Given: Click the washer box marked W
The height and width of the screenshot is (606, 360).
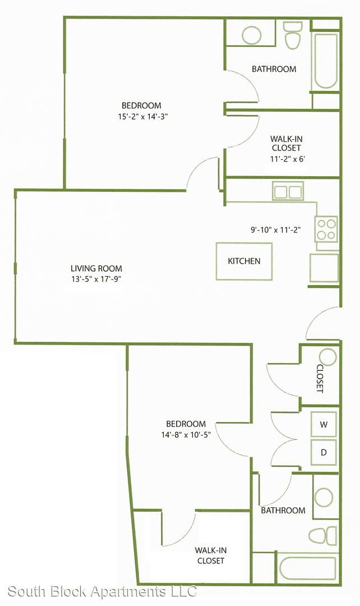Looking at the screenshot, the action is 324,424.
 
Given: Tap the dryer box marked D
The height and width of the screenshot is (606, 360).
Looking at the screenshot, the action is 324,452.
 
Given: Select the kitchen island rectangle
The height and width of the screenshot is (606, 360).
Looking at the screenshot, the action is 244,261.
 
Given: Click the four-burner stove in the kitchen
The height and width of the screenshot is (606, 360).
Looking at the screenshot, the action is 326,229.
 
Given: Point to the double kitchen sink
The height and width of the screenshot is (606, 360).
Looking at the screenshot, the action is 288,191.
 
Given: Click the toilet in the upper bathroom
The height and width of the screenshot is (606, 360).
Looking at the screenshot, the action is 293,35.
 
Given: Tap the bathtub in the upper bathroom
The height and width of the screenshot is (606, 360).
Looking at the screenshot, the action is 326,61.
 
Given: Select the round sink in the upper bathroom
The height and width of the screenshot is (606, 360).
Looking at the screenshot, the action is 251,35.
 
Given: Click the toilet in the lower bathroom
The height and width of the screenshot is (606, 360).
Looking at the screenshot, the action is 322,536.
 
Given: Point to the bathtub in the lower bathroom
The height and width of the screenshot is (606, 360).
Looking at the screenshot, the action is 308,568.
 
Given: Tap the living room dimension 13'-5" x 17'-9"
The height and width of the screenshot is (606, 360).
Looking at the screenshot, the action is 96,279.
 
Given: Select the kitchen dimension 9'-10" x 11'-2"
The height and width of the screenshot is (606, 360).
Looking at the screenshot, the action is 276,230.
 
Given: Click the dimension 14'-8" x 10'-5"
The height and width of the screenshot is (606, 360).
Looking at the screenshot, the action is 186,435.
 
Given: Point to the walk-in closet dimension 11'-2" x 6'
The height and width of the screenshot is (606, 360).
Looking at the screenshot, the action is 286,158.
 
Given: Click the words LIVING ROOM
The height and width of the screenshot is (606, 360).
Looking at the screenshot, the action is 96,269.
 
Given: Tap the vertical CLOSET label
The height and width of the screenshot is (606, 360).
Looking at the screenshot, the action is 320,379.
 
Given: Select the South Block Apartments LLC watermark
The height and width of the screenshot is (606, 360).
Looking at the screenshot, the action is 103,591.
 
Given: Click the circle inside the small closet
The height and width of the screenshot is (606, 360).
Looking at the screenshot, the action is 329,357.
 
